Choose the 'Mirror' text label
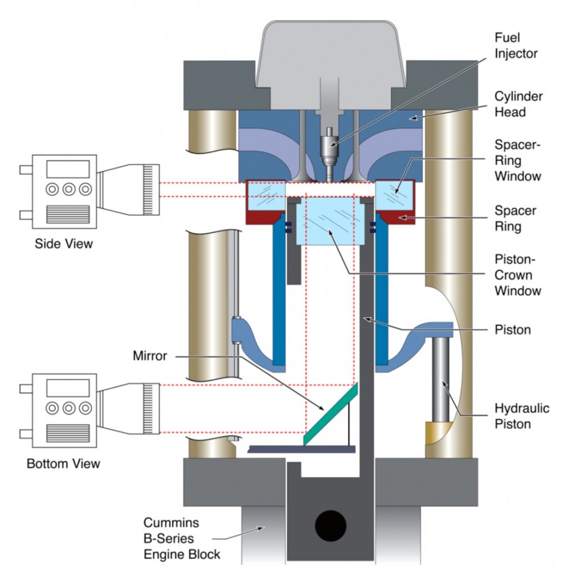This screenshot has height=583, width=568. pyautogui.click(x=149, y=356)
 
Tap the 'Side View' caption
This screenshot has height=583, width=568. pyautogui.click(x=64, y=244)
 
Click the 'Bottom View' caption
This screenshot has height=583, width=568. pyautogui.click(x=63, y=463)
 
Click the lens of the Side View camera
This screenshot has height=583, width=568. pyautogui.click(x=130, y=189)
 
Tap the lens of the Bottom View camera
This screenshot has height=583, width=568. pyautogui.click(x=130, y=408)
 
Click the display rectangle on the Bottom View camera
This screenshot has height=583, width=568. pyautogui.click(x=67, y=388)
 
